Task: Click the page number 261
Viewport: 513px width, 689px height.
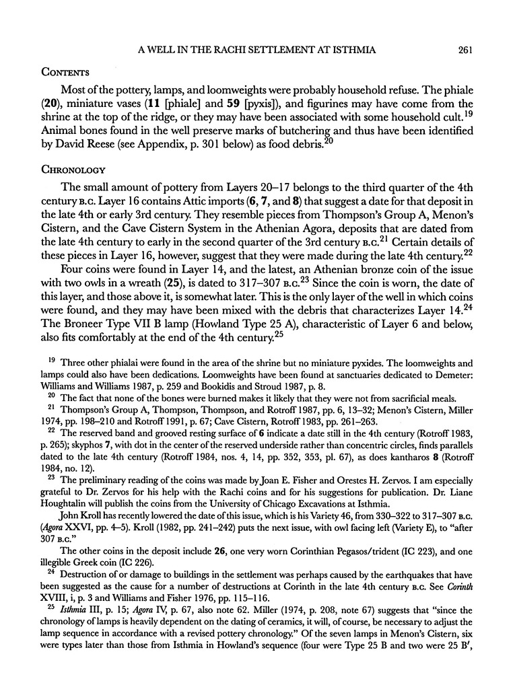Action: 467,48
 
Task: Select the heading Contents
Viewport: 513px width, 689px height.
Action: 64,71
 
